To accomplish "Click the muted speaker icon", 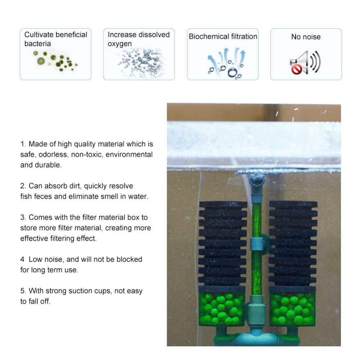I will coord(305,63).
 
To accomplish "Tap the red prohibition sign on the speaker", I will coord(296,69).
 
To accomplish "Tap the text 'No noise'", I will coord(306,37).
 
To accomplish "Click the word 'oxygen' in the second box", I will coord(120,44).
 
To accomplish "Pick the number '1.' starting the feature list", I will coord(23,144).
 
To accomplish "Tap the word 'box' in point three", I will coord(134,217).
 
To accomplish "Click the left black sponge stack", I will coord(223,243).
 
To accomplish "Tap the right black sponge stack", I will coord(293,243).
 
